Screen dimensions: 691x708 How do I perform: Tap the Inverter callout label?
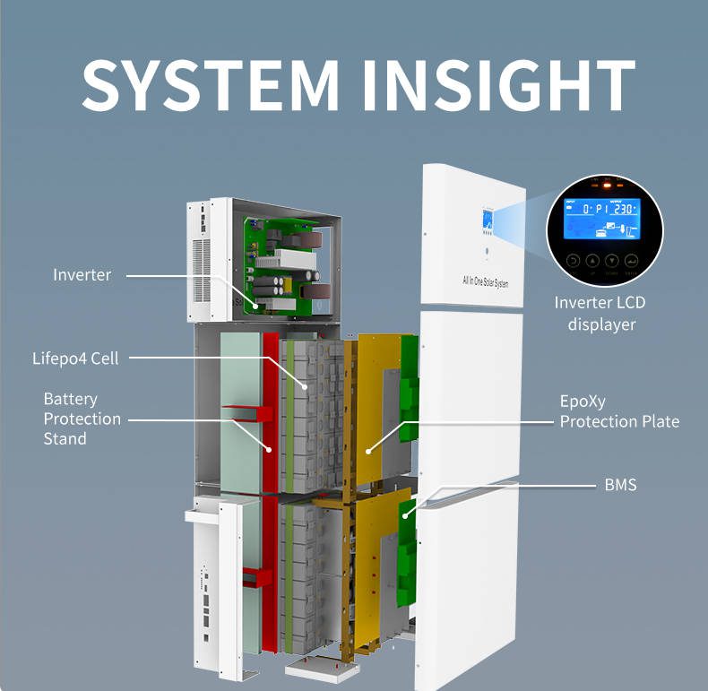(x=82, y=274)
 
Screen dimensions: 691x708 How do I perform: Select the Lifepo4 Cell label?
(x=75, y=358)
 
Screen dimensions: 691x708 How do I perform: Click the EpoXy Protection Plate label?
(x=619, y=411)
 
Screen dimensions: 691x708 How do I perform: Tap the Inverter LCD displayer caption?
(x=600, y=313)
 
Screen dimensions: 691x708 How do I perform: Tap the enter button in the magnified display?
(x=631, y=261)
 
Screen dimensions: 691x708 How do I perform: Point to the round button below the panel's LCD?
(x=489, y=251)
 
